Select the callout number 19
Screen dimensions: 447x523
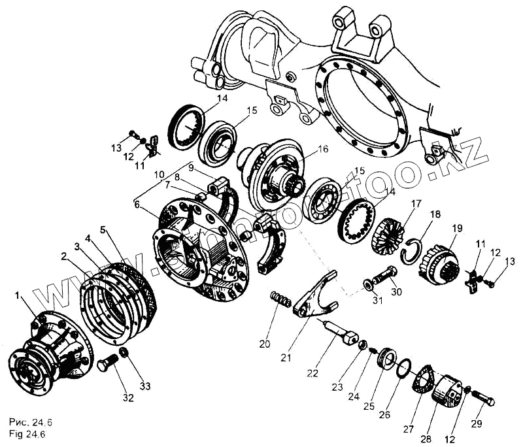coord(456,228)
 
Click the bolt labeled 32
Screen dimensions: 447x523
coord(107,363)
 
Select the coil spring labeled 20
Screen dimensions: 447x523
coord(280,301)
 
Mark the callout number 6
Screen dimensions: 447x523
coord(137,205)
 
